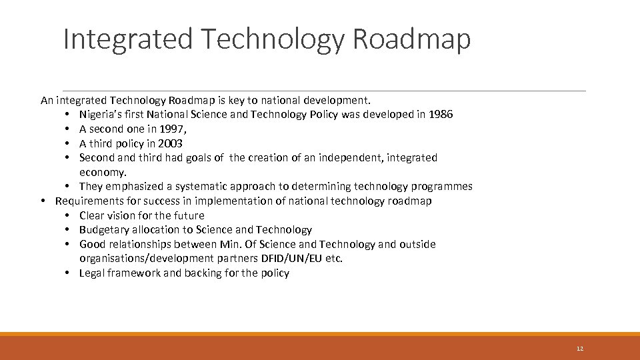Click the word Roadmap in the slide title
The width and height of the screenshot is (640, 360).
(411, 39)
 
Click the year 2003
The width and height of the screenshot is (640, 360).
(170, 143)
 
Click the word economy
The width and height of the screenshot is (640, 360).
(102, 172)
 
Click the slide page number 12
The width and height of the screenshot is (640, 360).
(579, 349)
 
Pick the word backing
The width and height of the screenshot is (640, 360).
(201, 273)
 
